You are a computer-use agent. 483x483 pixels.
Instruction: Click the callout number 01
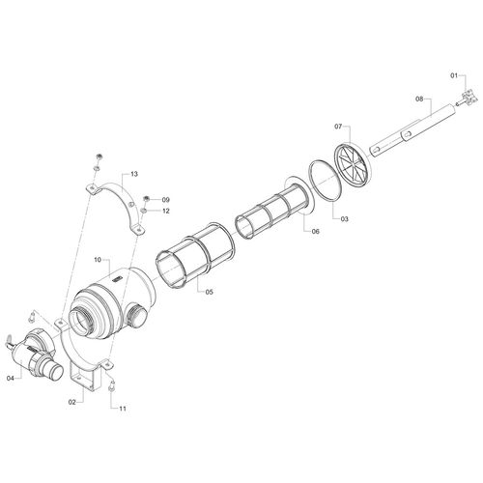(454, 75)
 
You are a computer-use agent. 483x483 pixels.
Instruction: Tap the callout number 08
(419, 99)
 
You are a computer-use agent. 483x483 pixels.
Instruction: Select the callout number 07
(338, 127)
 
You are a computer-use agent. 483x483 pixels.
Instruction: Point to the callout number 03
(344, 219)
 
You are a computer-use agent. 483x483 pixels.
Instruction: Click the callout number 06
(316, 231)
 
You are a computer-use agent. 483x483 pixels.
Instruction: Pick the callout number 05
(210, 292)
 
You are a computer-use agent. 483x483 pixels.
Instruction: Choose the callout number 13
(134, 174)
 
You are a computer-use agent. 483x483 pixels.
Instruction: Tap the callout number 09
(165, 200)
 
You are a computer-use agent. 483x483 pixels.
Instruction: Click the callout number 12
(165, 212)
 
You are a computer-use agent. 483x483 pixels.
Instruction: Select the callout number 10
(98, 260)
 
